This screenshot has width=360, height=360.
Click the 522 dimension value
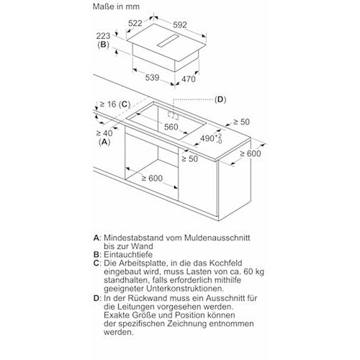tap(135, 23)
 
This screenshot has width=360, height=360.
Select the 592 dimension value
tap(180, 24)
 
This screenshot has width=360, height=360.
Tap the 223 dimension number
tap(103, 36)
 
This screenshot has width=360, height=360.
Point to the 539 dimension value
tap(153, 78)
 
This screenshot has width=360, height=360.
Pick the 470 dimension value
tap(189, 79)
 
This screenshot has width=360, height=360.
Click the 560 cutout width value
tap(171, 127)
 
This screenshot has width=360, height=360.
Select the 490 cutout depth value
tap(207, 138)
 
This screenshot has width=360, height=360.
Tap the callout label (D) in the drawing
tap(220, 99)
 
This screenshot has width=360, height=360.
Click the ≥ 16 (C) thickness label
tap(115, 104)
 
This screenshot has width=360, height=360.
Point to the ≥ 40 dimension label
tap(104, 133)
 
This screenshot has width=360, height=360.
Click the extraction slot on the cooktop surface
tap(168, 40)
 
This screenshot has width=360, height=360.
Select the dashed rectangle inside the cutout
tap(174, 115)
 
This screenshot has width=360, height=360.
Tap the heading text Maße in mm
tap(116, 6)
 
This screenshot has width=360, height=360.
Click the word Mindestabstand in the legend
tap(134, 238)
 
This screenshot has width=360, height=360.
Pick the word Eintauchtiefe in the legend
tap(128, 255)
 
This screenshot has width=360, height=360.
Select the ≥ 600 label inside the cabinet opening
tap(152, 179)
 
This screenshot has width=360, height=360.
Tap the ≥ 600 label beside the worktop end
tap(251, 153)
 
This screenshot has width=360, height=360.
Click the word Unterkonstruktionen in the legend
tap(185, 289)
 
